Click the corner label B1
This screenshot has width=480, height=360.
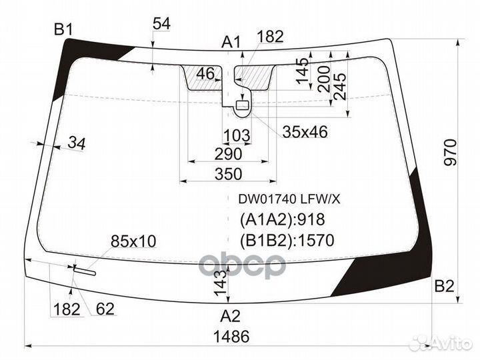pyautogui.click(x=63, y=29)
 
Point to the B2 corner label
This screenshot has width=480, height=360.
pyautogui.click(x=444, y=287)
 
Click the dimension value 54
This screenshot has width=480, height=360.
pyautogui.click(x=161, y=23)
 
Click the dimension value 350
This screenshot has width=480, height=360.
pyautogui.click(x=228, y=174)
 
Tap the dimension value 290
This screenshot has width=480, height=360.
pyautogui.click(x=228, y=154)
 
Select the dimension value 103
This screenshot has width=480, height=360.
pyautogui.click(x=236, y=136)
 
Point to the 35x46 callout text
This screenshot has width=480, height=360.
pyautogui.click(x=305, y=132)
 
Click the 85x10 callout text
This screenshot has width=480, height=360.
pyautogui.click(x=133, y=241)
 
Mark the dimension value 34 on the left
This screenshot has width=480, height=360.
pyautogui.click(x=77, y=142)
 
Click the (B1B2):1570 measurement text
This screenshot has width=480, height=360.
pyautogui.click(x=286, y=240)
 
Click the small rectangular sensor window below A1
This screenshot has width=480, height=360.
pyautogui.click(x=241, y=104)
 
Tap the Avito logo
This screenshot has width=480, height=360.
pyautogui.click(x=441, y=343)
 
